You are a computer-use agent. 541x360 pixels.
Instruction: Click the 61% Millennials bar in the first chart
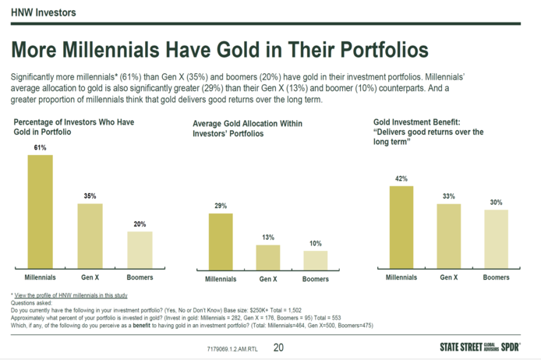41,211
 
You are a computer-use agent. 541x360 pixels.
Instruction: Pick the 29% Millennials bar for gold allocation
221,241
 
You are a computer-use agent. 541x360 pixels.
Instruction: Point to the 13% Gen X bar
268,256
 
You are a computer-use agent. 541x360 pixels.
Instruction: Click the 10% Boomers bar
316,259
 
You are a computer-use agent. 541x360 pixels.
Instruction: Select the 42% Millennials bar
401,227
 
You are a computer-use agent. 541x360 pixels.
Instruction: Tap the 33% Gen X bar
448,236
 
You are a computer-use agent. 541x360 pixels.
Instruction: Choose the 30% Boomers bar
496,239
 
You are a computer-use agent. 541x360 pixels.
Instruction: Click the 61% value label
41,146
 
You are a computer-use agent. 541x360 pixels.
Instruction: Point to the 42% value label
401,178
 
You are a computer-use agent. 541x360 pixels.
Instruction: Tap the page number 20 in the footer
279,348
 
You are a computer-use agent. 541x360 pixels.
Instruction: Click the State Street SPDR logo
480,347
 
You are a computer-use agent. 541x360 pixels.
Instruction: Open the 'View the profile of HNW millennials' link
70,296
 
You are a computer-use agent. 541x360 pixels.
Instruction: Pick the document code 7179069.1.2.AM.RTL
232,348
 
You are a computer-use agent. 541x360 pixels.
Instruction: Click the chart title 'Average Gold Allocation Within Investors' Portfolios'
247,129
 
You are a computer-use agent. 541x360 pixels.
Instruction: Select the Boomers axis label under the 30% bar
496,277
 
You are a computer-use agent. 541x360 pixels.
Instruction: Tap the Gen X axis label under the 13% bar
268,279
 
